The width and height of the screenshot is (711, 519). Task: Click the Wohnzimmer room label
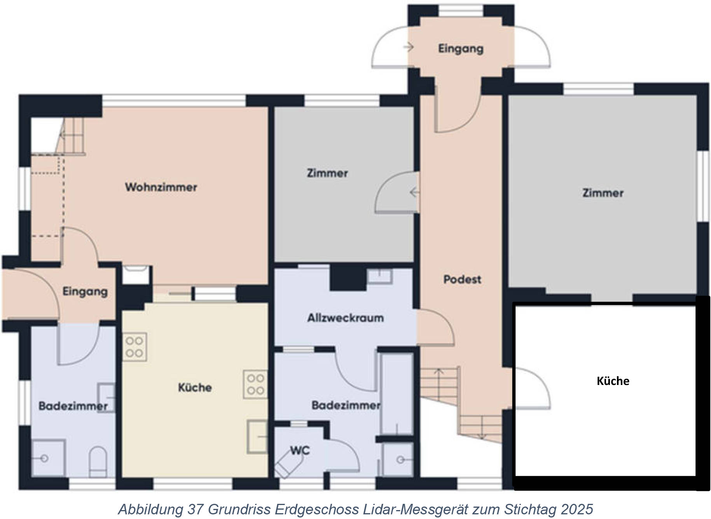tap(161, 187)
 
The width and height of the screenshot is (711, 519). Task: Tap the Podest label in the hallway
tap(462, 279)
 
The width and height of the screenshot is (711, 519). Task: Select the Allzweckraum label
tap(346, 318)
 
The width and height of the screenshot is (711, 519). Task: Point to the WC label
tap(300, 451)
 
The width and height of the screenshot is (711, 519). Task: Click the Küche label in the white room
tap(613, 381)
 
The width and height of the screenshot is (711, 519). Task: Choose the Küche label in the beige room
tap(195, 387)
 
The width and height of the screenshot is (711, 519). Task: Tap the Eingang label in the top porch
tap(461, 49)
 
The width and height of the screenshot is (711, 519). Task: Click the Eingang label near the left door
tap(85, 292)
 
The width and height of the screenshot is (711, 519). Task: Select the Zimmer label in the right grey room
tap(603, 193)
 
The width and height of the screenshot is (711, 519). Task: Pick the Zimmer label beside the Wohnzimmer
tap(327, 173)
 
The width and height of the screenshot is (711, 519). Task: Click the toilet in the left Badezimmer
tap(98, 462)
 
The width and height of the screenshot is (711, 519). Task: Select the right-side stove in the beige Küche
tap(255, 384)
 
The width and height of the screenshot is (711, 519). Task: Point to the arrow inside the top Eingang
tap(408, 47)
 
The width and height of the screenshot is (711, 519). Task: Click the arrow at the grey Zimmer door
tap(415, 192)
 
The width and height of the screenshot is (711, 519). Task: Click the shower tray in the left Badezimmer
tap(48, 458)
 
